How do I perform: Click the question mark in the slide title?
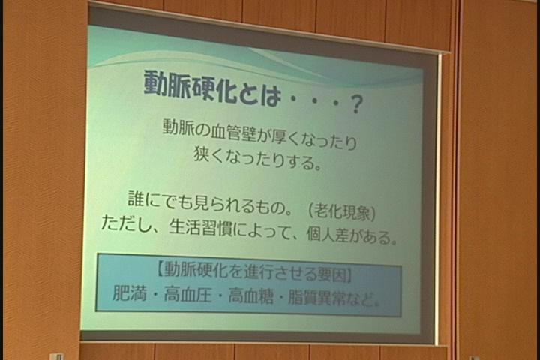click(x=355, y=104)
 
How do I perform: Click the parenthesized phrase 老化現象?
click(x=341, y=212)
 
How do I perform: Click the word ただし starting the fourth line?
click(x=124, y=224)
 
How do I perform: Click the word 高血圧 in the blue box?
click(x=187, y=294)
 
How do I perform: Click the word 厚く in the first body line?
click(x=284, y=137)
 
